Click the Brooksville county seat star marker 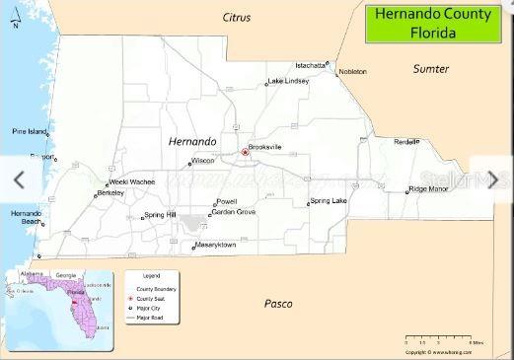tap(245, 152)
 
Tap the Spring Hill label tap(160, 215)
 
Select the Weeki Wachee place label tap(132, 182)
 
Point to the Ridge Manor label tap(430, 188)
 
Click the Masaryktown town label tap(215, 244)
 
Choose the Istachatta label tap(310, 65)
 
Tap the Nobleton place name tap(352, 72)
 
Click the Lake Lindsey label tap(289, 81)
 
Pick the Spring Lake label tap(329, 201)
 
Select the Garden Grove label tap(234, 212)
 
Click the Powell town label tap(226, 201)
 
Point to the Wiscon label tap(203, 160)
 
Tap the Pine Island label tap(30, 131)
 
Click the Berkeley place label tap(110, 193)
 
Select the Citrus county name tap(237, 18)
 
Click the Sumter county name tap(431, 69)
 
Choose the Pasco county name tap(278, 304)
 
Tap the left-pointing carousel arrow tap(18, 180)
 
